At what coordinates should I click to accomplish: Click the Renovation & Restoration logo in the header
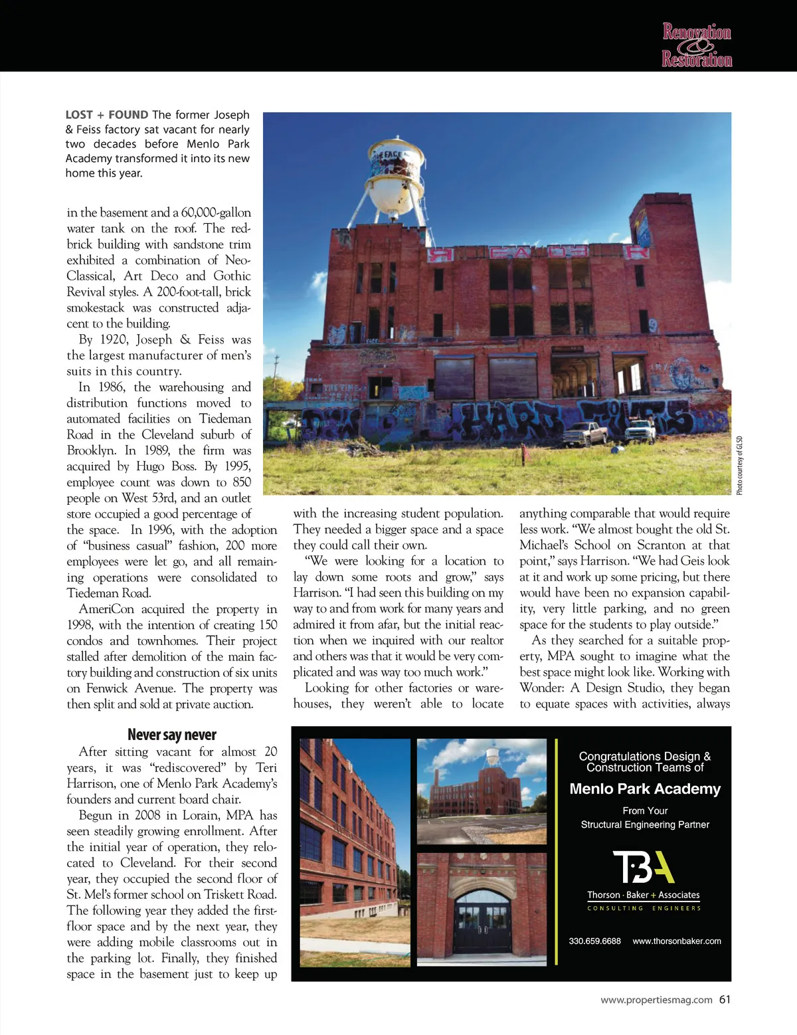point(697,45)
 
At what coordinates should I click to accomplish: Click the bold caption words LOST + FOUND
point(107,115)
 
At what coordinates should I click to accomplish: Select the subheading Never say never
point(172,735)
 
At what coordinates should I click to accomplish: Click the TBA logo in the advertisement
point(644,866)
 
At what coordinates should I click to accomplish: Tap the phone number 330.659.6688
point(594,941)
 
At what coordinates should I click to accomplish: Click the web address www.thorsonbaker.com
point(676,941)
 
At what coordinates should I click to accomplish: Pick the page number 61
point(725,999)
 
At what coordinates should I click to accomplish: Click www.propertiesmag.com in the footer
point(656,999)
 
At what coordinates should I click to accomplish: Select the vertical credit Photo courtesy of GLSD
point(739,465)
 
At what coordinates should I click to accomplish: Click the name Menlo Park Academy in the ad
point(645,789)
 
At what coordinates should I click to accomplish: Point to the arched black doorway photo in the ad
point(482,917)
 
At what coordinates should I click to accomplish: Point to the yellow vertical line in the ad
point(557,854)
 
